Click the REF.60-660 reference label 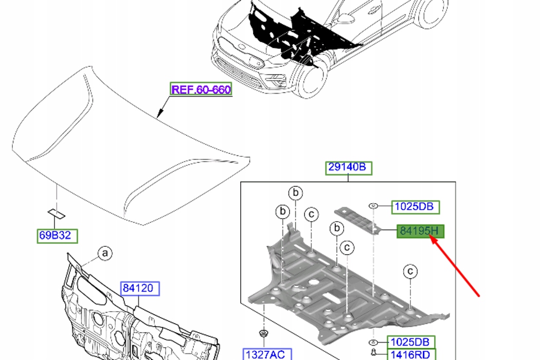click(201, 89)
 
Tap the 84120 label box click(140, 289)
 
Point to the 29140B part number click(349, 168)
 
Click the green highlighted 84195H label click(421, 231)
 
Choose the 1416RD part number click(412, 354)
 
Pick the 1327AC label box click(267, 354)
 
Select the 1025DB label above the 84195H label click(416, 207)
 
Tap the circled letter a click(105, 254)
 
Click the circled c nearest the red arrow click(410, 272)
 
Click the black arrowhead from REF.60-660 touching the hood click(159, 114)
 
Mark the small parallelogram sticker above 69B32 click(56, 214)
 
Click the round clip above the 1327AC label click(264, 333)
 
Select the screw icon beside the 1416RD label click(374, 352)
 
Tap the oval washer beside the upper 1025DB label click(373, 206)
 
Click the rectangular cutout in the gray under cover click(332, 297)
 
